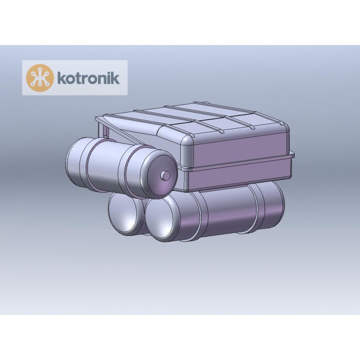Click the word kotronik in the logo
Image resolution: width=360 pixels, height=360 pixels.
[x=88, y=77]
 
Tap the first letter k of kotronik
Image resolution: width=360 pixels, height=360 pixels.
[x=60, y=77]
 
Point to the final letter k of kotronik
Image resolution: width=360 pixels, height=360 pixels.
[x=116, y=77]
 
